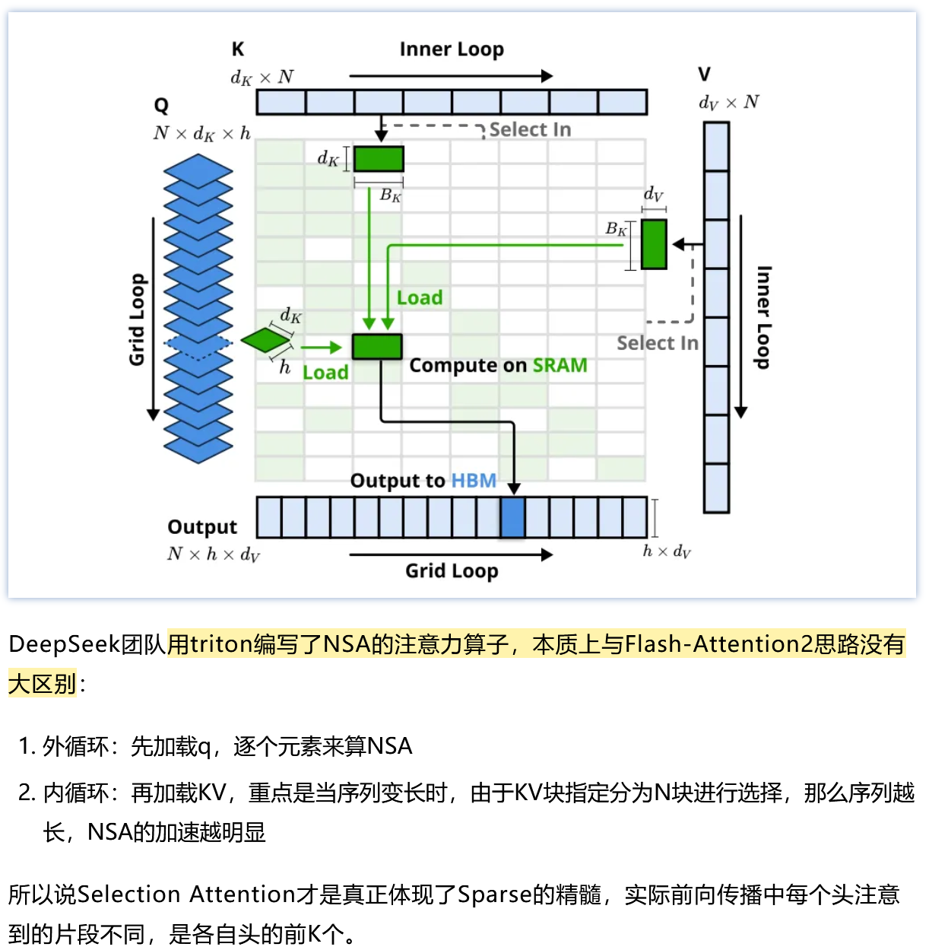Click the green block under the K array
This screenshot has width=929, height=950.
click(x=379, y=159)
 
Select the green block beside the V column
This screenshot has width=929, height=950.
click(x=654, y=244)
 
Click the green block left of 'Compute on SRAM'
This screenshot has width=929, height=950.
click(x=377, y=347)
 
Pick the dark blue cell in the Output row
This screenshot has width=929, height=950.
click(x=512, y=518)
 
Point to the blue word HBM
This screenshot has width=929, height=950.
click(x=474, y=481)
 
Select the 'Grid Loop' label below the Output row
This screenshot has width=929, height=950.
click(x=452, y=571)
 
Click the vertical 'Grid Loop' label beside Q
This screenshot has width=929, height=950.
click(x=137, y=319)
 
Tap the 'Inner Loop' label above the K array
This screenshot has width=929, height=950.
click(x=452, y=49)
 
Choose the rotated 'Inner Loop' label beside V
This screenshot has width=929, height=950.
click(x=764, y=317)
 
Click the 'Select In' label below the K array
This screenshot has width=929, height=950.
click(x=530, y=130)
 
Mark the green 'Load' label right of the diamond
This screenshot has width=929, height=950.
click(x=325, y=373)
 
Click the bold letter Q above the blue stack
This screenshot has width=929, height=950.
click(x=161, y=106)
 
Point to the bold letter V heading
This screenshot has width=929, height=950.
click(x=705, y=75)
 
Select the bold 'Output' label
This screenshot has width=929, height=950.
click(x=202, y=527)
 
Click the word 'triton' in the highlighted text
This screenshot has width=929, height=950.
click(x=221, y=644)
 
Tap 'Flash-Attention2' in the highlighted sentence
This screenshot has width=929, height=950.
click(x=718, y=644)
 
